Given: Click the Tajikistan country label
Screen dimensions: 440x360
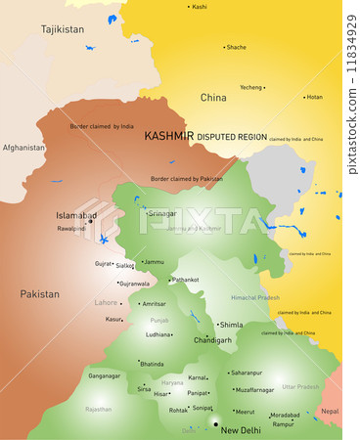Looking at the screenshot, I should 63,29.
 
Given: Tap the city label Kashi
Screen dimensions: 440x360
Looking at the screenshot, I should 200,7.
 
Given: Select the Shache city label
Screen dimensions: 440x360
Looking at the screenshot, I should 237,47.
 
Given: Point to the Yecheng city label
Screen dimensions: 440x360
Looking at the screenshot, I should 251,87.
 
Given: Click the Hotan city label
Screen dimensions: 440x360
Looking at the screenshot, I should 313,97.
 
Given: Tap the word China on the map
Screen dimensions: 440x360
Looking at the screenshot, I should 213,98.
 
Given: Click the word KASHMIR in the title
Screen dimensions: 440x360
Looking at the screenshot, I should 168,137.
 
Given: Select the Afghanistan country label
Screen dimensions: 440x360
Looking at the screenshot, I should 23,148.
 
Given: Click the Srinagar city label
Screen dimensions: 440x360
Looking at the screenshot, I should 162,212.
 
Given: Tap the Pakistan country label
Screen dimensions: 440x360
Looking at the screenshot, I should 40,293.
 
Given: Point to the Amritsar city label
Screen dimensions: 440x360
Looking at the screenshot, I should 155,304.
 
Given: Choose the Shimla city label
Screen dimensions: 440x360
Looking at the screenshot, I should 231,325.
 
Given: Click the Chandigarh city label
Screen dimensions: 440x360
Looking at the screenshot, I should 213,340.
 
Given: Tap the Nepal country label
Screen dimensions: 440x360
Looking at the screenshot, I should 331,412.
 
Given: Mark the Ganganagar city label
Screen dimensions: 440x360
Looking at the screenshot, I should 104,375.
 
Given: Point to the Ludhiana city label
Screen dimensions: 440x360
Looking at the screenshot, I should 158,334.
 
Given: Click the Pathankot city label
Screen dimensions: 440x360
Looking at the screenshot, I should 186,280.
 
